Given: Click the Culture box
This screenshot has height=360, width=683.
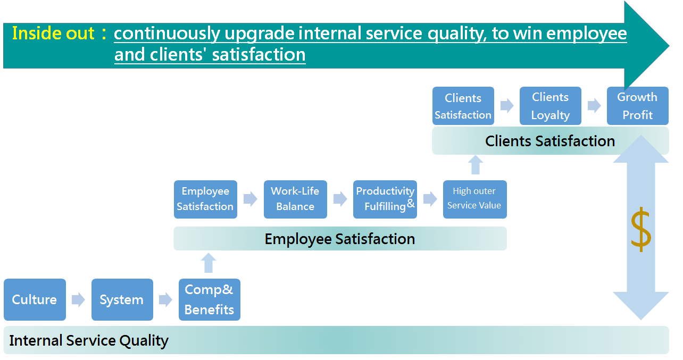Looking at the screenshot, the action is click(x=35, y=299).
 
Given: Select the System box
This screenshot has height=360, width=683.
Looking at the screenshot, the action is click(x=122, y=299).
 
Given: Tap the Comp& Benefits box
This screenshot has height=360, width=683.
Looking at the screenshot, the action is click(x=210, y=299).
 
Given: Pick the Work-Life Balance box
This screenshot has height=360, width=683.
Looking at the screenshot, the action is click(x=295, y=199).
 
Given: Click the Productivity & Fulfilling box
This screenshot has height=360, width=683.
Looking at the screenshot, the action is click(x=385, y=199).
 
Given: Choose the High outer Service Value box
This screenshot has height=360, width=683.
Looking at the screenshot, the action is click(x=474, y=199).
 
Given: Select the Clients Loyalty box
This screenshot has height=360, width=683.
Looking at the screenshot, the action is click(x=551, y=106).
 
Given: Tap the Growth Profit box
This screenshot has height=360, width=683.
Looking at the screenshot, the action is click(x=638, y=106).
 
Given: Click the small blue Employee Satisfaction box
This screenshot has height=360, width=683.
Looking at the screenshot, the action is click(x=205, y=199).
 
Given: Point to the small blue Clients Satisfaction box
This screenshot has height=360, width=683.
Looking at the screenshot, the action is click(x=463, y=106).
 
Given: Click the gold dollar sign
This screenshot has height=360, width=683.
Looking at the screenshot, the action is click(x=641, y=229).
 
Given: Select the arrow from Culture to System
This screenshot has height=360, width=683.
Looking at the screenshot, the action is click(x=78, y=299).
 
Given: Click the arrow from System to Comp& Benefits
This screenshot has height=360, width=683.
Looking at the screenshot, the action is click(x=165, y=299).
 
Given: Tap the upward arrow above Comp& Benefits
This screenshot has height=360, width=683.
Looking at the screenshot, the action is click(x=209, y=263).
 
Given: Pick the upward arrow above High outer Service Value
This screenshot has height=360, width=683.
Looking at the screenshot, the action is click(x=476, y=165).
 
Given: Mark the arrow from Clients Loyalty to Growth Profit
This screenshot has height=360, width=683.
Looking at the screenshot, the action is click(x=594, y=105).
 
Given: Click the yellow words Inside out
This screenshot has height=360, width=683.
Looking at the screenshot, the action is click(x=53, y=33).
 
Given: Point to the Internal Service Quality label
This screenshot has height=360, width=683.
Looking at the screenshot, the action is click(x=89, y=340).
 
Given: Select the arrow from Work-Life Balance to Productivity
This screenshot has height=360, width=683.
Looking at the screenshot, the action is click(x=340, y=199).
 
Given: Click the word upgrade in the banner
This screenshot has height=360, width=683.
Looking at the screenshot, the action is click(x=260, y=34).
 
